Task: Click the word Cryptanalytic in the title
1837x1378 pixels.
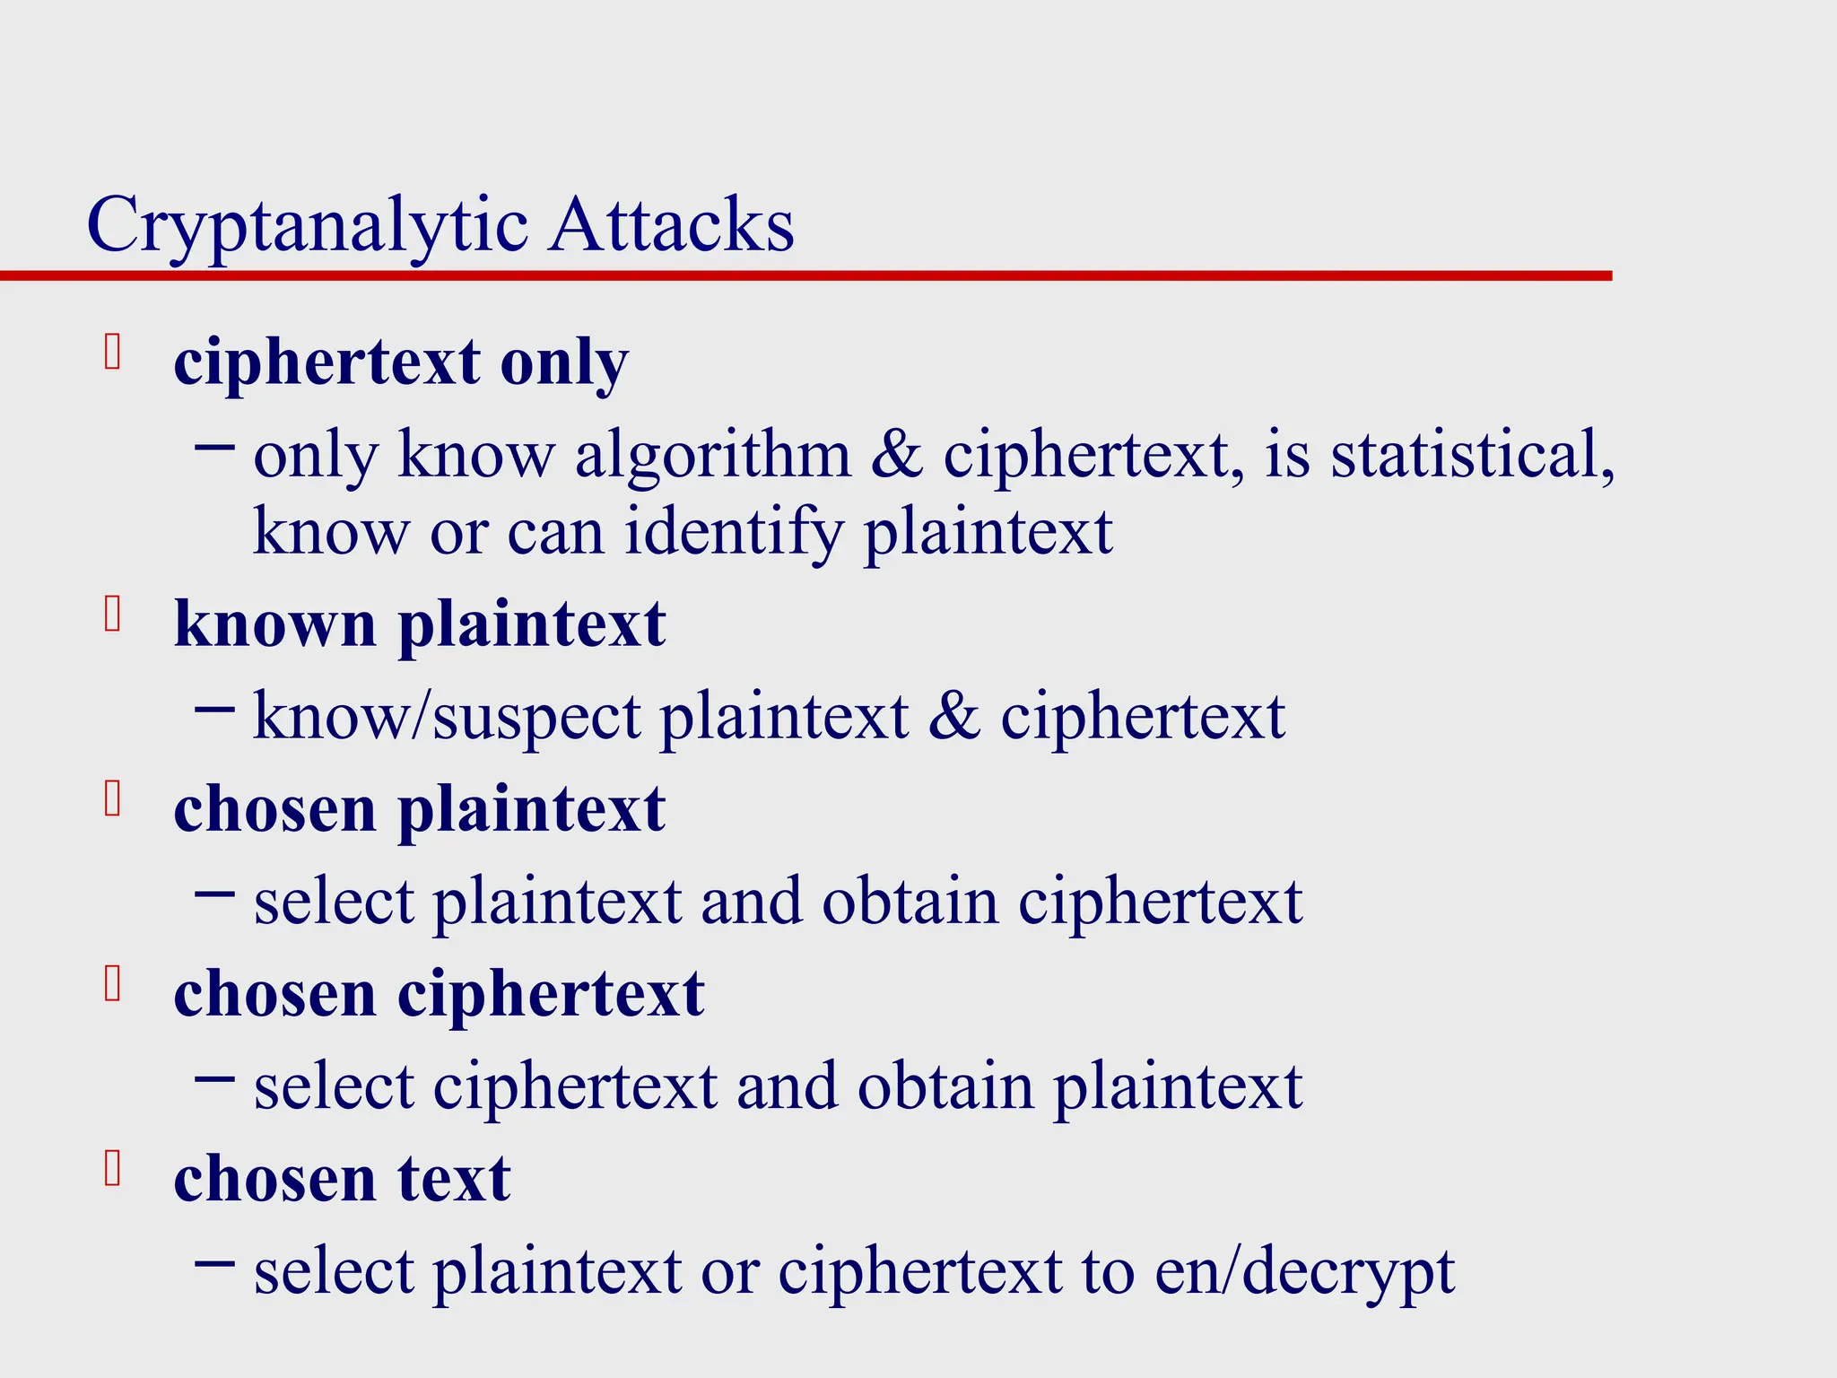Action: (x=307, y=226)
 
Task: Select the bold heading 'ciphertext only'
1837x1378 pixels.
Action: (x=401, y=363)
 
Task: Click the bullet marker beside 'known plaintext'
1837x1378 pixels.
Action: (x=112, y=615)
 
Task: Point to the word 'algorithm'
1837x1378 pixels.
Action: (x=713, y=455)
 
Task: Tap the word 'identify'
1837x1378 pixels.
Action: (x=735, y=533)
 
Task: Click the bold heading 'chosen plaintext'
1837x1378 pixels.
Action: (x=419, y=809)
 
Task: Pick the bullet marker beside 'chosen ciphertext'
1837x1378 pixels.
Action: (x=112, y=984)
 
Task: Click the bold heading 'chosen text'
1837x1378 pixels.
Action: (x=342, y=1179)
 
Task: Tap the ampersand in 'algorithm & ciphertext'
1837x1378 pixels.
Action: (x=897, y=455)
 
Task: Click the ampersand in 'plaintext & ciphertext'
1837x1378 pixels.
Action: (x=954, y=718)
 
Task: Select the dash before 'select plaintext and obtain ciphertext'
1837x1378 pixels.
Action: (x=214, y=893)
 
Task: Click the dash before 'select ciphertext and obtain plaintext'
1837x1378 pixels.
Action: (x=214, y=1077)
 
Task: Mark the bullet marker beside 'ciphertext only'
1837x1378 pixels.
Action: (x=112, y=352)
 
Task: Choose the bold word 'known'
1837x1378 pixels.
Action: (x=274, y=624)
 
